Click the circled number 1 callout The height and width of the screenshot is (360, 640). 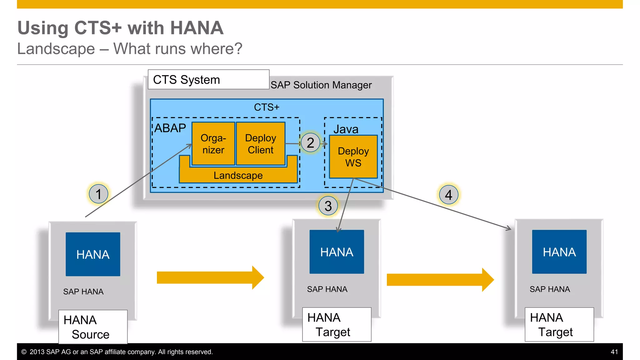98,194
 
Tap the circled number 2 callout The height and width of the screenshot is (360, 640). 310,143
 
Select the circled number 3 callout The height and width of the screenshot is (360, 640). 328,206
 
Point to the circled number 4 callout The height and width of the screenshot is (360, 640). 448,195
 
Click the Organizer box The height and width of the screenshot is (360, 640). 213,144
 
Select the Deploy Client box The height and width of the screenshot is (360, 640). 261,144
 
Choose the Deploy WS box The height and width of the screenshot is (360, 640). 353,157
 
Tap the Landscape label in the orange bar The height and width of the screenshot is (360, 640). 238,176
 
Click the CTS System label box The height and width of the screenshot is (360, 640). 208,80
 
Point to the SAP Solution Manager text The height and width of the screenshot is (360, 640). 321,85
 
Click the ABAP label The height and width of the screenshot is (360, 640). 170,128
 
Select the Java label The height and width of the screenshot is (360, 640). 346,129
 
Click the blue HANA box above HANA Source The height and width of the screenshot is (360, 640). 93,254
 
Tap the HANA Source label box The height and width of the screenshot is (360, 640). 93,327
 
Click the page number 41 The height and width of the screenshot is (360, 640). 614,352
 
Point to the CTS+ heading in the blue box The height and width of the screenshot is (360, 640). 267,107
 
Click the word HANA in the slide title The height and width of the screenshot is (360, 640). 197,28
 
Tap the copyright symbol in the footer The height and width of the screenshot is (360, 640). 24,352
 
